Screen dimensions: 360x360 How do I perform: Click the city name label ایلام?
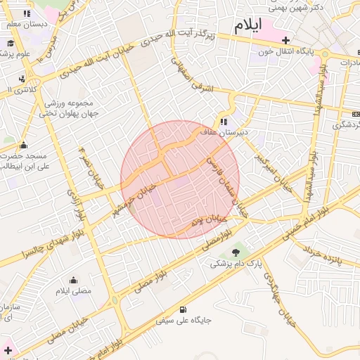pyautogui.click(x=247, y=25)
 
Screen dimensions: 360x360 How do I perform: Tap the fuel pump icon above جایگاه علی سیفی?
pyautogui.click(x=184, y=309)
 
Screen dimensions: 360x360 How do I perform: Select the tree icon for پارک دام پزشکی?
pyautogui.click(x=235, y=251)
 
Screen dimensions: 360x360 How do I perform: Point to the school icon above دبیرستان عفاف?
pyautogui.click(x=224, y=121)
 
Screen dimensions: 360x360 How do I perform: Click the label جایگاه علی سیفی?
pyautogui.click(x=184, y=321)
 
